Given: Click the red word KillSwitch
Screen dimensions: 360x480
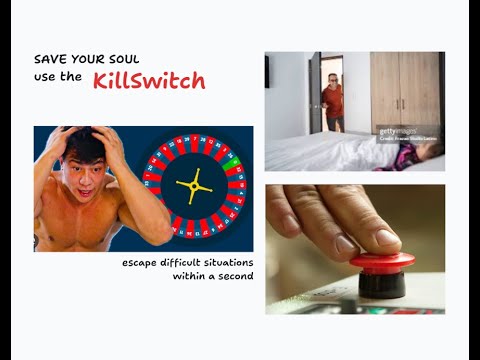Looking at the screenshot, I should (x=149, y=81).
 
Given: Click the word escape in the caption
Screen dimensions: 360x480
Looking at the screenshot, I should (x=139, y=261).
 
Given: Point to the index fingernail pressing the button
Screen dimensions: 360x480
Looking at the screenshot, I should (x=386, y=239).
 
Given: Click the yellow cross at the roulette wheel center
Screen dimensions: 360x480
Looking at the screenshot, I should (x=194, y=186).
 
